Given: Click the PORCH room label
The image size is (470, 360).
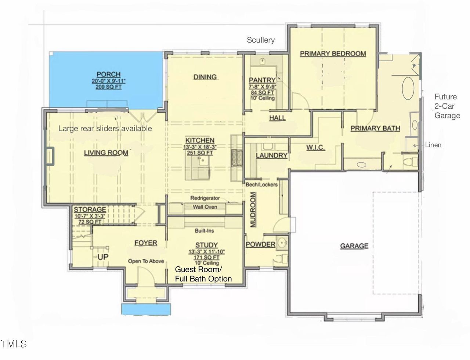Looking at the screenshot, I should (108, 74).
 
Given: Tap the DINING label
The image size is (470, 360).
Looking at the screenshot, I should (205, 77).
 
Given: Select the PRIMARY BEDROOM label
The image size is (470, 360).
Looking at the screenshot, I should (333, 54).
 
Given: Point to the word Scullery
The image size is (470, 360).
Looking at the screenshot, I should (261, 40).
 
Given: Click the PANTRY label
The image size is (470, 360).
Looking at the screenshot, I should (262, 80).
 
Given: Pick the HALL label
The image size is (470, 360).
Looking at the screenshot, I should (277, 118).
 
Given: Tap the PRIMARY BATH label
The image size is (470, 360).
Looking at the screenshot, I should (375, 128).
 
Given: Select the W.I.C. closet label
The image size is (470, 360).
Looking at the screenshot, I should (315, 148).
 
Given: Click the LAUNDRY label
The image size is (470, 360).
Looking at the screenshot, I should (271, 155).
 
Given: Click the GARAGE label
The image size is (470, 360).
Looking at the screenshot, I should (354, 246).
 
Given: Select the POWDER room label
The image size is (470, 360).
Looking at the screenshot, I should (260, 244).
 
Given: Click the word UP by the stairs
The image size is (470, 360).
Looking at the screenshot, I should (103, 257).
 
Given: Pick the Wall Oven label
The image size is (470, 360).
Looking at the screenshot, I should (205, 207).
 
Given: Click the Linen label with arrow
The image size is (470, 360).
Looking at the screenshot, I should (433, 145).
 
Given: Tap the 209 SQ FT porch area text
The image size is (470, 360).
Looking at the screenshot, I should (108, 87).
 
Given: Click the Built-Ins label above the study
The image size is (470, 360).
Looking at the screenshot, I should (204, 231).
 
